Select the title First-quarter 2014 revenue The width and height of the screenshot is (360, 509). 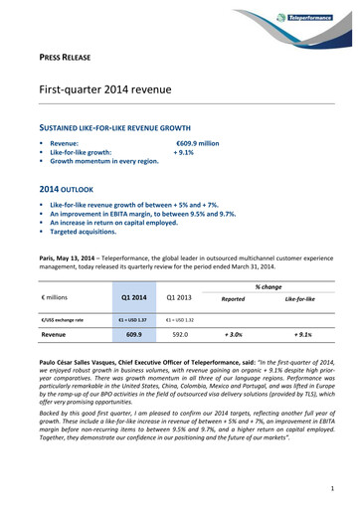click(106, 90)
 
